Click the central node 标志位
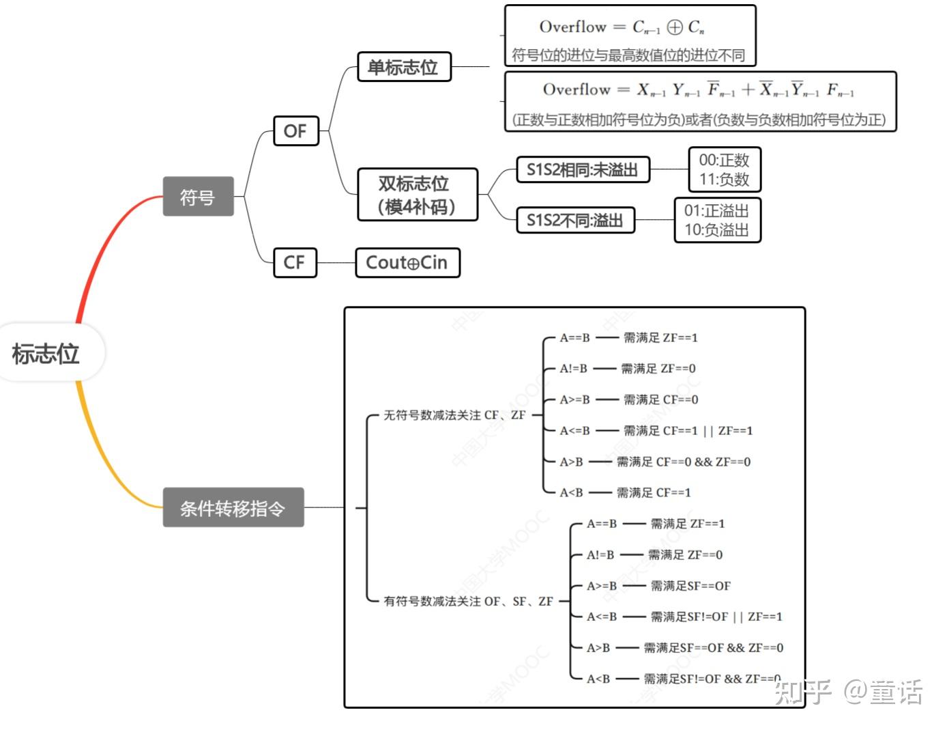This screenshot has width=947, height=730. [x=46, y=354]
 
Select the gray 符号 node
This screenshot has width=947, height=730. [x=198, y=197]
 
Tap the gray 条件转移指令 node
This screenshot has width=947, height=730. [x=233, y=507]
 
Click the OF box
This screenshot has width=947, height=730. [x=295, y=130]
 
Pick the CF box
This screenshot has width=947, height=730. [x=295, y=262]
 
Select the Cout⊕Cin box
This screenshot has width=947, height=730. [x=407, y=262]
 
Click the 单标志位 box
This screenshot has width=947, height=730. [x=403, y=67]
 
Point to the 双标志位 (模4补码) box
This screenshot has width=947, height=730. [x=417, y=195]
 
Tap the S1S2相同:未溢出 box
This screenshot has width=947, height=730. [x=582, y=170]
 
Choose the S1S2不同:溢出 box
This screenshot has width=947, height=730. [x=574, y=220]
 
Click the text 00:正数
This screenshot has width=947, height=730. [x=724, y=160]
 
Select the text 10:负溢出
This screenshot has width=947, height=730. [x=716, y=230]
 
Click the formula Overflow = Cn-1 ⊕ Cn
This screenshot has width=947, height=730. [x=622, y=27]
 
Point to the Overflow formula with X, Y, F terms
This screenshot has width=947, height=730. [x=698, y=89]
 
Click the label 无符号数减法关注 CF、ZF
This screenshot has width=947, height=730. [x=454, y=415]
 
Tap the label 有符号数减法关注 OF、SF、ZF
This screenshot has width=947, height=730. [x=468, y=601]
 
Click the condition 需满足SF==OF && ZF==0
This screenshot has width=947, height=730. [x=713, y=647]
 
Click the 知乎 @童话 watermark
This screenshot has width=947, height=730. [x=849, y=692]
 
